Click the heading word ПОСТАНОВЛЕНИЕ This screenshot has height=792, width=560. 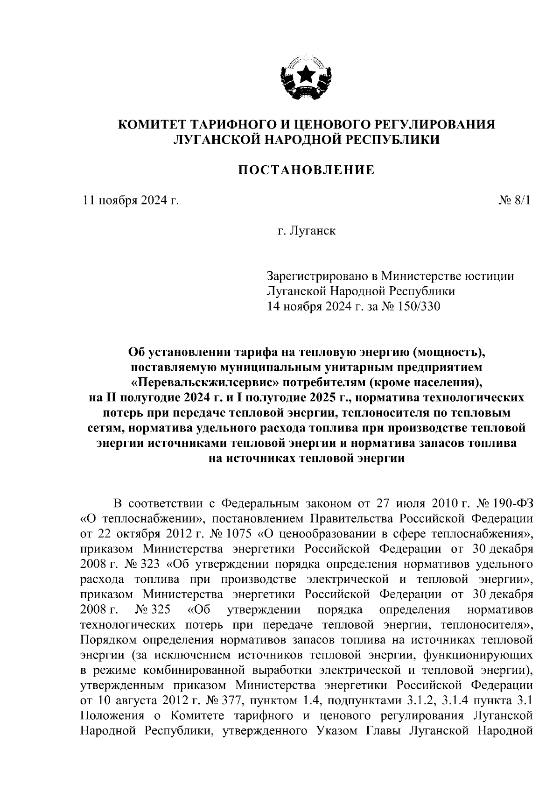pos(307,170)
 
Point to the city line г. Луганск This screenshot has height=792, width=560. pos(306,231)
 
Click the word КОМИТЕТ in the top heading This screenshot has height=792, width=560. pos(151,125)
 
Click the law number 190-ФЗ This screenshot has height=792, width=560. pos(513,504)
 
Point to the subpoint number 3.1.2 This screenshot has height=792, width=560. pos(441,700)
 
